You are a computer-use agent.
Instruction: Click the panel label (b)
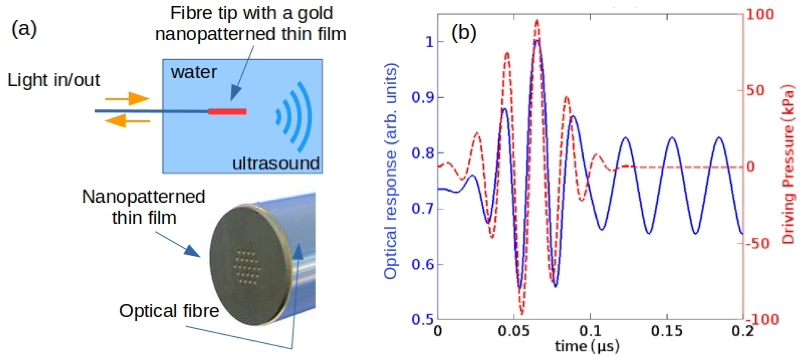pos(464,32)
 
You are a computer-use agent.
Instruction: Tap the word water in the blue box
pos(194,72)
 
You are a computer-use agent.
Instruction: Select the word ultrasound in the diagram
pos(276,163)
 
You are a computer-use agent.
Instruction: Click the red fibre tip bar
pos(227,112)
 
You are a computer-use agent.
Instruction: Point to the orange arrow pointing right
pos(128,99)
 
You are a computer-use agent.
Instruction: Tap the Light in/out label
pos(53,80)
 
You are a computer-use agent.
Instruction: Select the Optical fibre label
pos(169,311)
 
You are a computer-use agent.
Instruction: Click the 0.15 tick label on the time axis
pos(667,331)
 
